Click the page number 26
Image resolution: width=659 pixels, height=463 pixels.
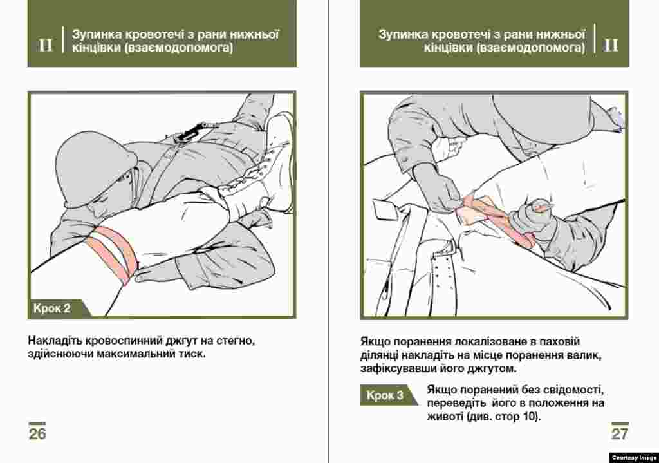click(37, 433)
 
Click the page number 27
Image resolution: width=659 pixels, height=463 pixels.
click(619, 433)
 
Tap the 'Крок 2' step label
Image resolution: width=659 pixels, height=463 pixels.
click(51, 309)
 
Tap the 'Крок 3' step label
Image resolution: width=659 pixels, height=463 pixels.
click(385, 395)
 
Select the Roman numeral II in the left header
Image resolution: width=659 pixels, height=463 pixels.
click(46, 45)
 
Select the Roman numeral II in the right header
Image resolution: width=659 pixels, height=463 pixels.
click(611, 45)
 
